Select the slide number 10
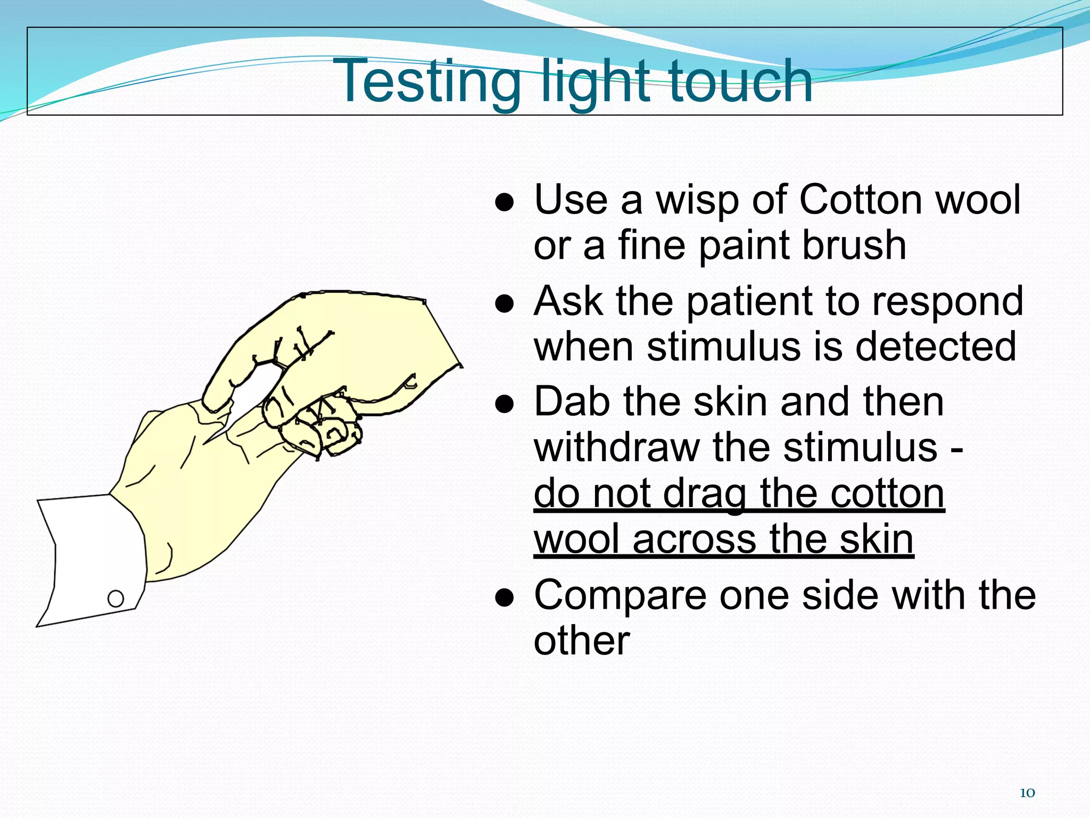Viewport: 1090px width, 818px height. (1027, 793)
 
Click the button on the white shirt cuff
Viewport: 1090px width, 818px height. (115, 599)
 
